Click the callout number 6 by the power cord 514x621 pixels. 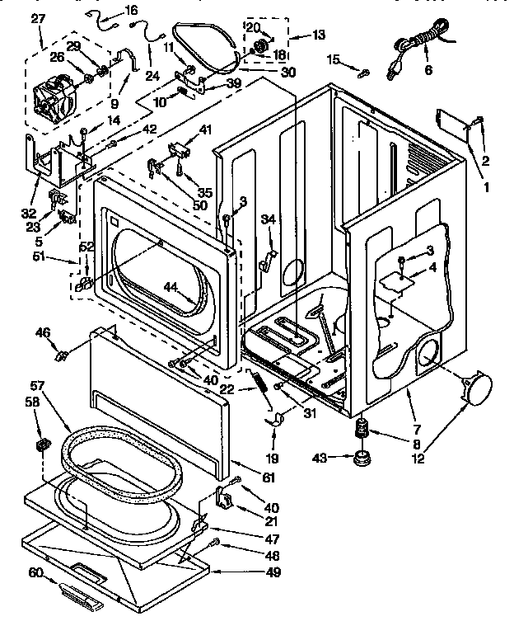point(428,70)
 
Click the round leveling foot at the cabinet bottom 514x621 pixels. point(361,457)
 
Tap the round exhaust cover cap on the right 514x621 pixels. point(477,388)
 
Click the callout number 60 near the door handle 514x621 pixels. point(35,572)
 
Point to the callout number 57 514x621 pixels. point(36,385)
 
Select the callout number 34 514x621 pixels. point(267,219)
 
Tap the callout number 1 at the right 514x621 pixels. point(485,186)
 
